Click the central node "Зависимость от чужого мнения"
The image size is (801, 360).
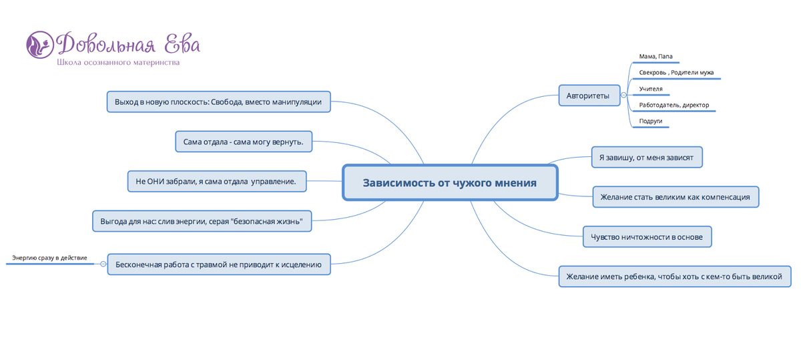[450, 182]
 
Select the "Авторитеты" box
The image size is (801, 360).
[589, 96]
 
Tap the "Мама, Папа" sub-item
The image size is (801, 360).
[655, 57]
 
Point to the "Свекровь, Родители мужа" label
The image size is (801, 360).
[676, 73]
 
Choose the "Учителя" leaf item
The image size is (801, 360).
[651, 89]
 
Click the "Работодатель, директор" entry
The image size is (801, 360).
[674, 105]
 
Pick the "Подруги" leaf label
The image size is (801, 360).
[651, 121]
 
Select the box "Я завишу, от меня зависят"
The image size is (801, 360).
[647, 157]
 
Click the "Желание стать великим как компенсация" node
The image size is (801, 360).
[676, 197]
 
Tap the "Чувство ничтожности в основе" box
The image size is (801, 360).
[647, 236]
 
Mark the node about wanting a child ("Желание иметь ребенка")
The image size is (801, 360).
[675, 277]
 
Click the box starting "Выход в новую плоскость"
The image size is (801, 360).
[218, 102]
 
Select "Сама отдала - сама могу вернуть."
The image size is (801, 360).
[244, 142]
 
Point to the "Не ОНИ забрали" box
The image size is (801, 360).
[217, 181]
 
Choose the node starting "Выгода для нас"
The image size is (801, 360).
[202, 221]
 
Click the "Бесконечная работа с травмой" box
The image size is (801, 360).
[219, 264]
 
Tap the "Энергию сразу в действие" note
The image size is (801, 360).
[49, 258]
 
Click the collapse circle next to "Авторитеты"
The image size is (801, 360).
[623, 95]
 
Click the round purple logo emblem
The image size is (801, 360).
[40, 45]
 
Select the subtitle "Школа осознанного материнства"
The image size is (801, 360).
[118, 63]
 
